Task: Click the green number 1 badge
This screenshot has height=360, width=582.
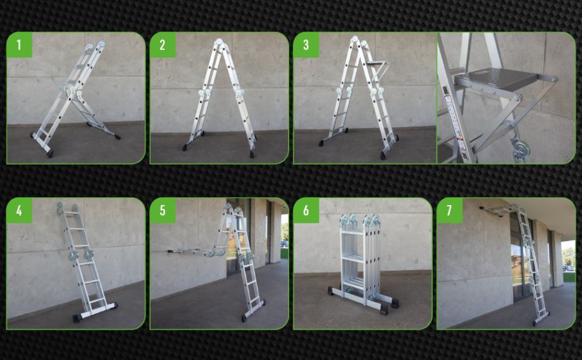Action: [x=20, y=45]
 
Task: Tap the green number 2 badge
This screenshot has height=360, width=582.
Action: [x=163, y=45]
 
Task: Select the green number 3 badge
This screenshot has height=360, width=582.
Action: [x=306, y=45]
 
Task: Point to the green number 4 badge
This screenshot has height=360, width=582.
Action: [x=20, y=211]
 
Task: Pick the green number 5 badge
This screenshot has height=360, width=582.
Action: [x=163, y=211]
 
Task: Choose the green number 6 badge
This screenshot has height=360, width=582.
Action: [x=306, y=211]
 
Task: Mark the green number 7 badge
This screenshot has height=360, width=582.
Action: [x=450, y=211]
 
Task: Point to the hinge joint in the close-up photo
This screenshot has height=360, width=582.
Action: [x=519, y=149]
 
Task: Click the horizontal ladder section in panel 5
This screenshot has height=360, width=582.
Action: [x=192, y=252]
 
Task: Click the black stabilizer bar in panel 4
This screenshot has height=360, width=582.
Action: [x=96, y=311]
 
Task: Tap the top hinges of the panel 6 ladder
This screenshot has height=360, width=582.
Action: [x=360, y=220]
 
